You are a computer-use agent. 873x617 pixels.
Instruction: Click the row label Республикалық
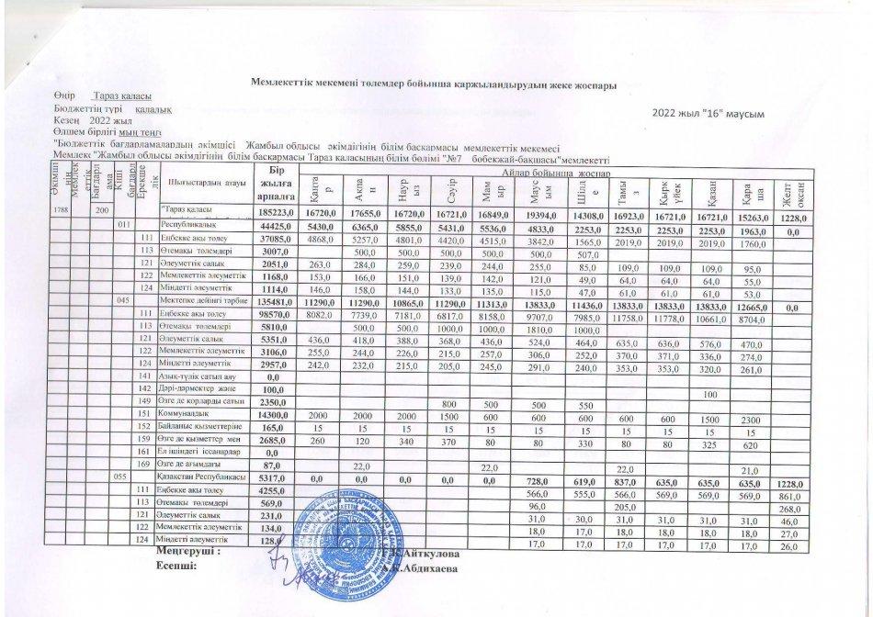(x=189, y=224)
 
